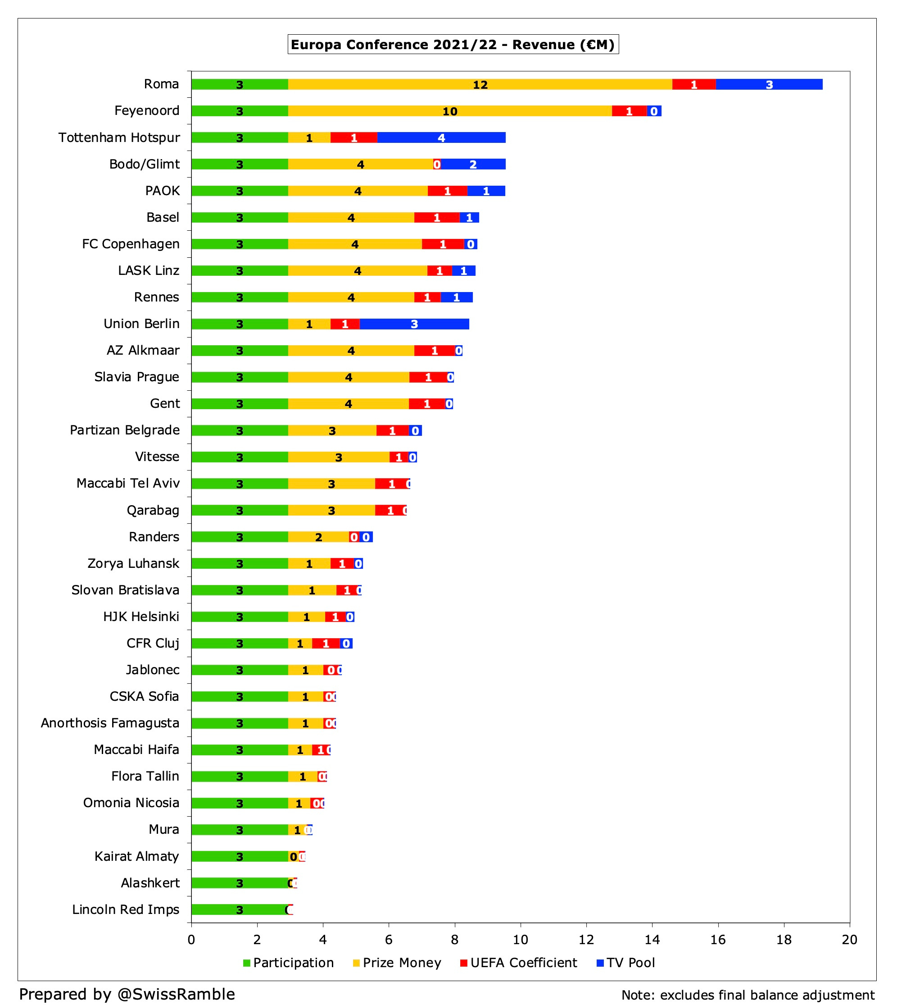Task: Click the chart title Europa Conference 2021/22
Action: click(453, 45)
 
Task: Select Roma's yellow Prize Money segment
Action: click(480, 84)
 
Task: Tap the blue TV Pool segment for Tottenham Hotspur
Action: click(441, 137)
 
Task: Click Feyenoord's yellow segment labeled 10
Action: click(449, 111)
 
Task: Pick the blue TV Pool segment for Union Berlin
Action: click(414, 324)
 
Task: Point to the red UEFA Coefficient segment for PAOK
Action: click(447, 191)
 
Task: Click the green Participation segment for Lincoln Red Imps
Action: click(239, 910)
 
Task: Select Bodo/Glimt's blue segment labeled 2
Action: click(473, 164)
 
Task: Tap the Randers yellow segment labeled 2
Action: click(318, 537)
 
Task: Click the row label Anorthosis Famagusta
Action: click(110, 723)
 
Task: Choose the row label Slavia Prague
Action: click(136, 377)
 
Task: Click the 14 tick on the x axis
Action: click(652, 939)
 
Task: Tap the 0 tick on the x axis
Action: click(191, 939)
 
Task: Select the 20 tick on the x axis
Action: click(849, 939)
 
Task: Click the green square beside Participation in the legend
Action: click(247, 963)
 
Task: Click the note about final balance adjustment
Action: click(747, 995)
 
